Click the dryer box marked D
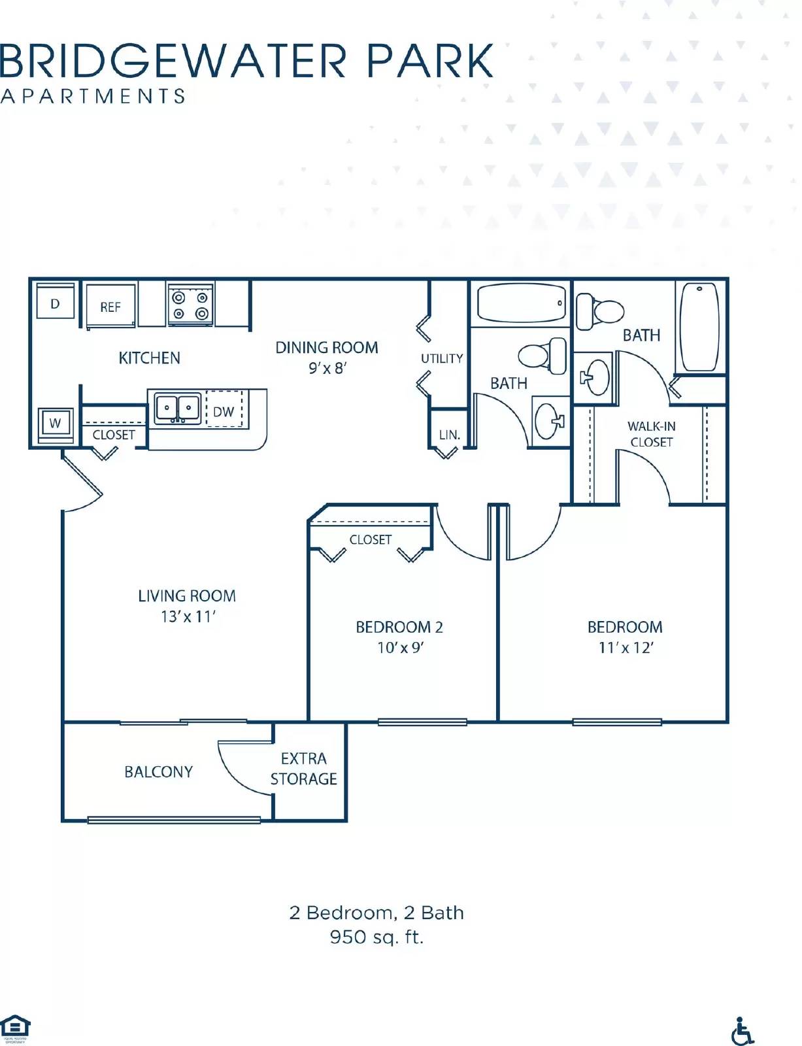pos(55,303)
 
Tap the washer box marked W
pos(56,423)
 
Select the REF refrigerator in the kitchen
pos(110,307)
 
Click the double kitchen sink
pos(177,409)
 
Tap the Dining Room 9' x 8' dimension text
pos(327,368)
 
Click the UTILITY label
pos(442,358)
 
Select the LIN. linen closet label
pos(449,435)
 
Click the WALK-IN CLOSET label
pos(651,434)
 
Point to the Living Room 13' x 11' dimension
pos(188,616)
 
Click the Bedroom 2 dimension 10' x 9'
pos(400,647)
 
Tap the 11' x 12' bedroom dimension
pos(626,647)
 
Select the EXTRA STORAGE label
pos(303,769)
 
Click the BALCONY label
pos(159,772)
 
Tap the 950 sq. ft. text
pos(376,937)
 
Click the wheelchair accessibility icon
pos(742,1031)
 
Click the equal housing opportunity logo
pos(14,1027)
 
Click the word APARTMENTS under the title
pos(93,97)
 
